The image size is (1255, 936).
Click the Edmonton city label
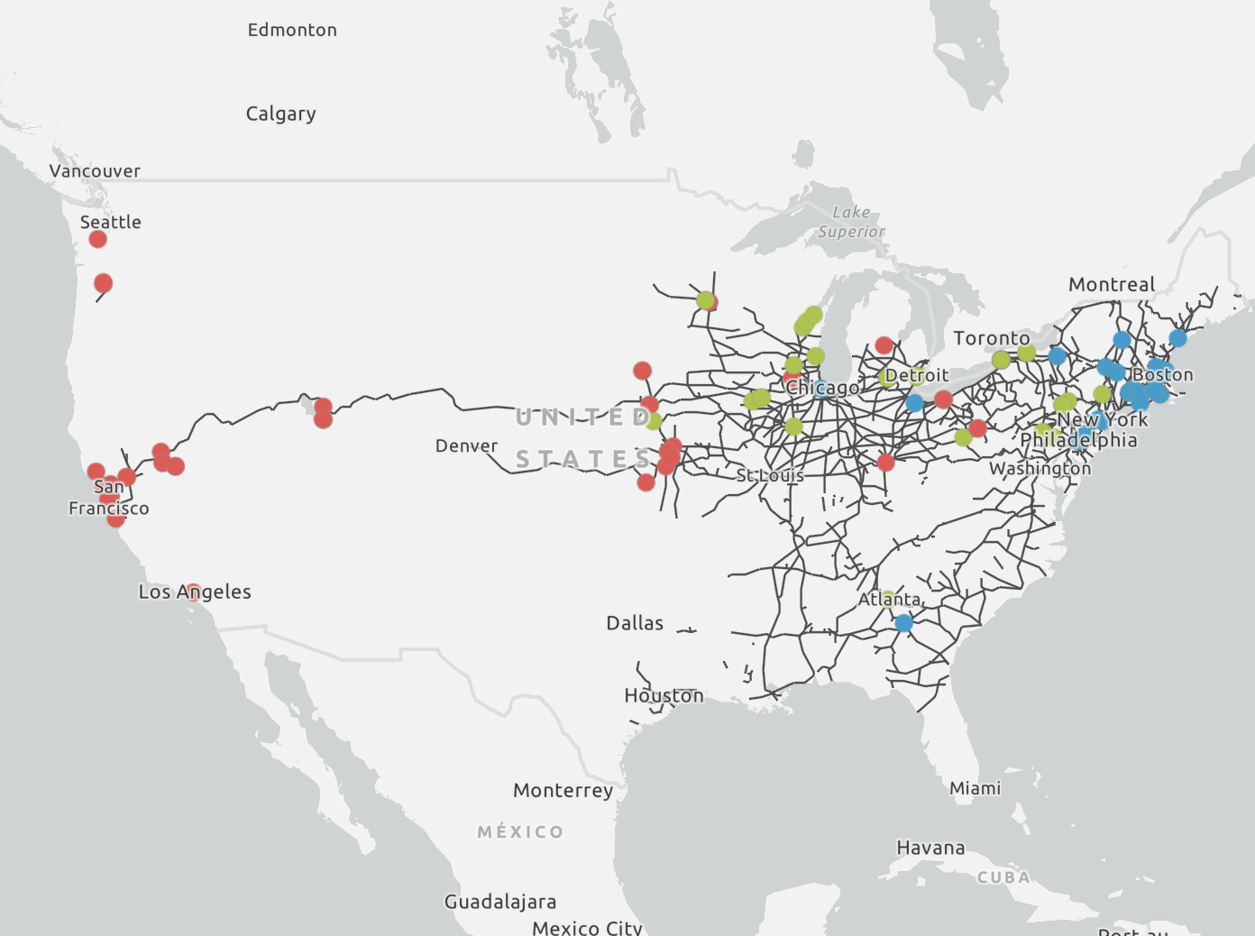point(292,30)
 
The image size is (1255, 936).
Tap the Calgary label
point(280,114)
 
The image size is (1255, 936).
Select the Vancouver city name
point(95,170)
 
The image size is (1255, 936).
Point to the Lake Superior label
point(851,222)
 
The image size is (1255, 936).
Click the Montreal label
point(1111,284)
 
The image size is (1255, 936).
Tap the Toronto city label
point(991,338)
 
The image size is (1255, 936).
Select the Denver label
point(466,445)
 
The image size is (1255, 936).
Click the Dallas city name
point(635,623)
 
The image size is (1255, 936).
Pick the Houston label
point(664,695)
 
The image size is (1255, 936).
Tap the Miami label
point(975,788)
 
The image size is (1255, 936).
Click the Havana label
point(930,848)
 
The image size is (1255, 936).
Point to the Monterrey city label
point(563,790)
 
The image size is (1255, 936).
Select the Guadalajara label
point(499,902)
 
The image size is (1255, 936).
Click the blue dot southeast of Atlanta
point(903,622)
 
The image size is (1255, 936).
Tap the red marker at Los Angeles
point(193,592)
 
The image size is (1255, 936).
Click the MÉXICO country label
point(520,831)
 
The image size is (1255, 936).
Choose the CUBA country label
point(1003,877)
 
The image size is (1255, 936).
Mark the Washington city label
point(1040,468)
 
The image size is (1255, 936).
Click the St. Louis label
point(769,475)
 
